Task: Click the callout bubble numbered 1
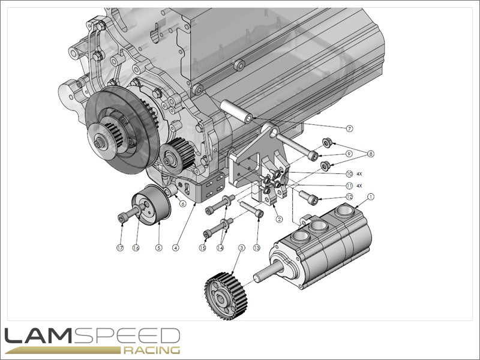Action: tap(370, 196)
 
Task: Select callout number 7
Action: tap(349, 128)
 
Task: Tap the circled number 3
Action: tap(242, 248)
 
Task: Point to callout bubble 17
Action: tap(120, 248)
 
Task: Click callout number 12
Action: tap(349, 197)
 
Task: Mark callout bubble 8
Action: tap(371, 154)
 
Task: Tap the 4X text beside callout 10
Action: tap(359, 173)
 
